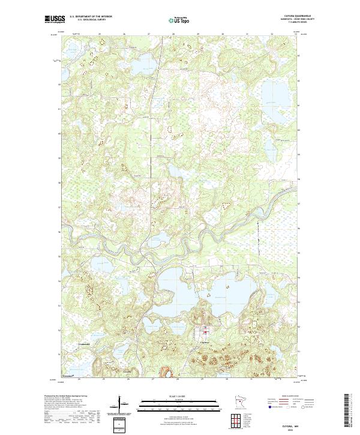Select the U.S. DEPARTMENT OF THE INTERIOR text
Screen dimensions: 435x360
91,17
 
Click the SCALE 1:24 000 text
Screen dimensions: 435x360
179,397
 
